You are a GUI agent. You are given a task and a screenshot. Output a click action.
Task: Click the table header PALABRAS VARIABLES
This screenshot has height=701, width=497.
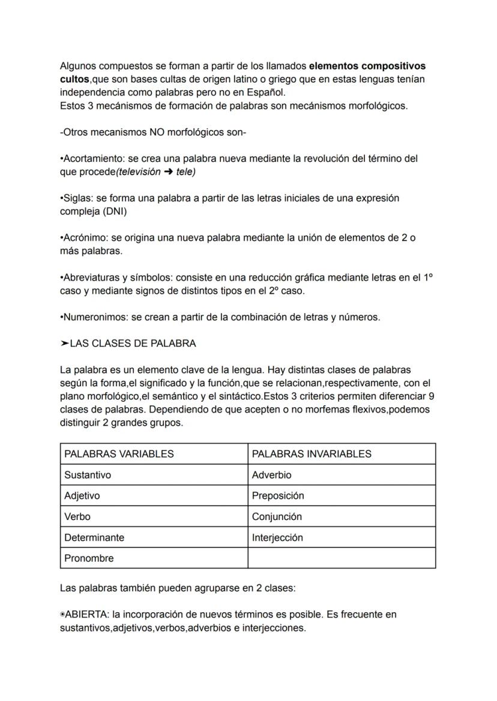119,454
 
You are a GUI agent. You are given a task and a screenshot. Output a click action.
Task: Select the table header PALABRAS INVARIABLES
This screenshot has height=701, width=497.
312,454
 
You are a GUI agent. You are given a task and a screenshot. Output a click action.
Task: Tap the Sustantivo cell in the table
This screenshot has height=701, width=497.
88,475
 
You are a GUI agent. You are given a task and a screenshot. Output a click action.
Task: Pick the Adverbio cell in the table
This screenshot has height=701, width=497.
271,475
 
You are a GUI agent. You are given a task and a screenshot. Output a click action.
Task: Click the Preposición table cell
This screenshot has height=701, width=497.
278,496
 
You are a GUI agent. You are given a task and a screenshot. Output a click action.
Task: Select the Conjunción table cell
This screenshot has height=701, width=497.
277,517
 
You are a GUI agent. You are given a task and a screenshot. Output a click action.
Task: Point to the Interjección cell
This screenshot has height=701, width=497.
277,538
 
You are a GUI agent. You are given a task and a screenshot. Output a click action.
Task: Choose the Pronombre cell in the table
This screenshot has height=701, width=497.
89,558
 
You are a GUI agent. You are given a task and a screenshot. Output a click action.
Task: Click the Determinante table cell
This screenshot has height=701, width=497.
94,538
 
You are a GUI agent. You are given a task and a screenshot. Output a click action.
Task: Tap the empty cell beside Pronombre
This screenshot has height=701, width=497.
341,558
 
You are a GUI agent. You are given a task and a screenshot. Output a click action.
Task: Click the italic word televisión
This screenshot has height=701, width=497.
139,172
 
